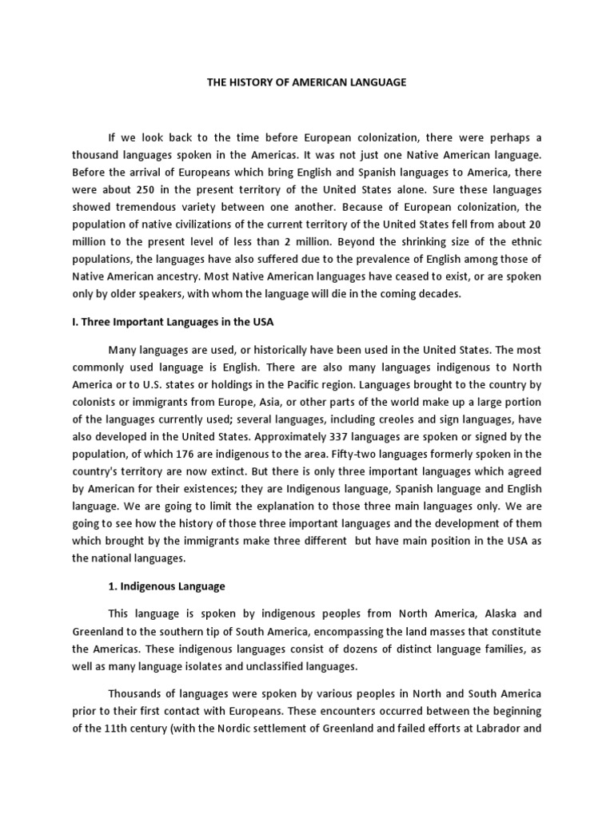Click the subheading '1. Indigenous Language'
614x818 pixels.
click(x=166, y=586)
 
